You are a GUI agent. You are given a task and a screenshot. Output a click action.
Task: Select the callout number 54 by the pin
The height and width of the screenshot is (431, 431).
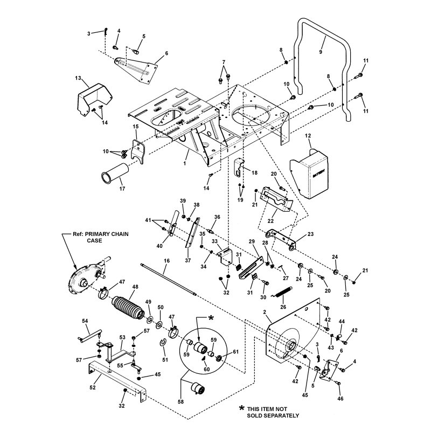tap(85, 321)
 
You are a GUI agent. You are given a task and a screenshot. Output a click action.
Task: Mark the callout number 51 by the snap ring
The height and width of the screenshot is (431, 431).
tap(165, 360)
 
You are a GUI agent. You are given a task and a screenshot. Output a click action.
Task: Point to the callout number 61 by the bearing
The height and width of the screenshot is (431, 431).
tap(235, 352)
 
